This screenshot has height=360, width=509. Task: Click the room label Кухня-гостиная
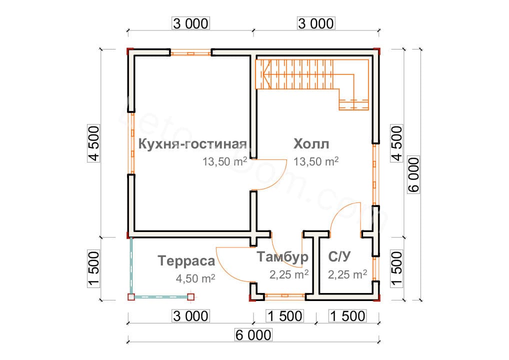tap(193, 144)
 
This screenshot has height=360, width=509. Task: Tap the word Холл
tap(311, 144)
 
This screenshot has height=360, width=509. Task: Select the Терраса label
tap(186, 260)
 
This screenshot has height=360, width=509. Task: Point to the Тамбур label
tap(282, 257)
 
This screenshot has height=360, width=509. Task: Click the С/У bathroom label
tap(340, 257)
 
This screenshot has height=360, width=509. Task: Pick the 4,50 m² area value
tap(195, 278)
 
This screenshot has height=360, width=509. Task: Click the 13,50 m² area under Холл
tap(316, 161)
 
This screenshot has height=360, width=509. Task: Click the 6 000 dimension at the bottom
tap(252, 334)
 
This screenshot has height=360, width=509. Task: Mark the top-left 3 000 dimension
tap(190, 23)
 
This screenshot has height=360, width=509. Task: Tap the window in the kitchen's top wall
tap(190, 52)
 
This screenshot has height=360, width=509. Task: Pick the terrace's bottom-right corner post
tap(191, 296)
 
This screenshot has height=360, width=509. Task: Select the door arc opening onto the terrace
tap(227, 265)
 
